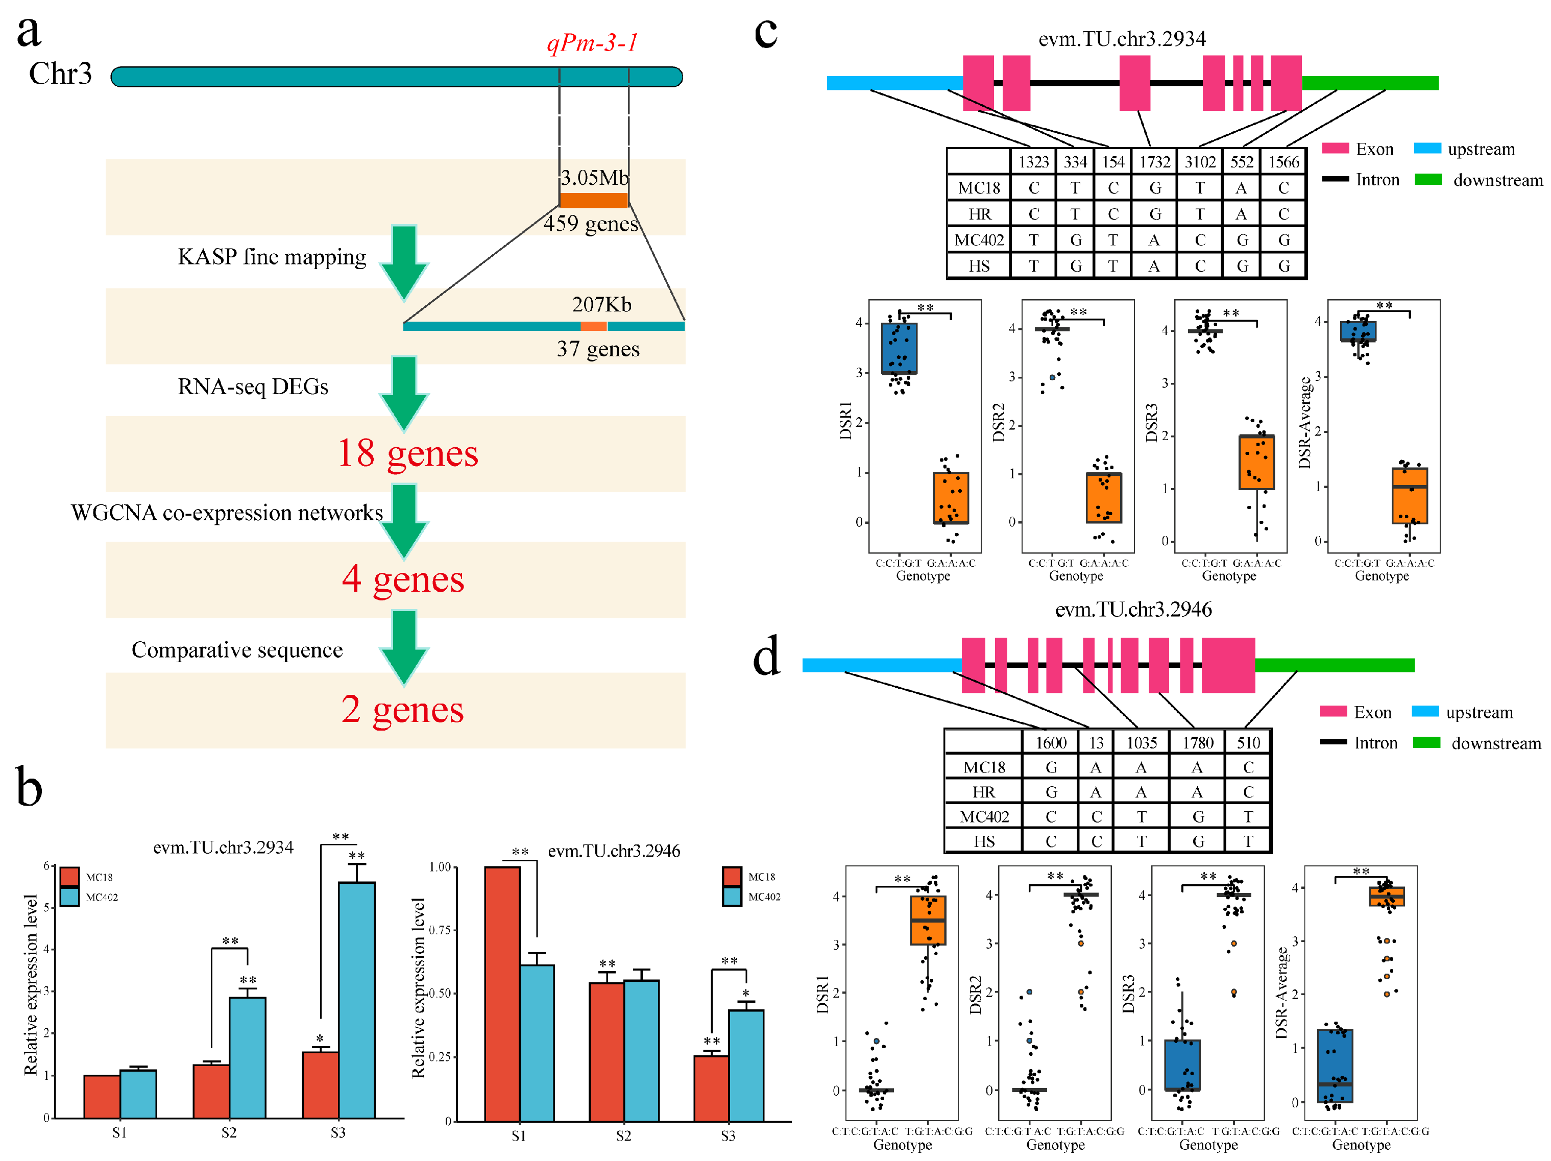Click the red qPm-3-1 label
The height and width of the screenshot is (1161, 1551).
click(593, 43)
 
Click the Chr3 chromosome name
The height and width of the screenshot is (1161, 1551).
click(60, 74)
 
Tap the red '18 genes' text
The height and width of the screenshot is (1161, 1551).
click(407, 453)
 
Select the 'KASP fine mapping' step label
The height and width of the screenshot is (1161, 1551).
click(272, 257)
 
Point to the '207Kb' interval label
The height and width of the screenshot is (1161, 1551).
click(601, 304)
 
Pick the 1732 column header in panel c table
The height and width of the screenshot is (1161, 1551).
click(1154, 162)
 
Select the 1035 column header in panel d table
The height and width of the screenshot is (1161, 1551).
click(1142, 742)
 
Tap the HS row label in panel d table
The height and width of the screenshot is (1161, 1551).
click(984, 841)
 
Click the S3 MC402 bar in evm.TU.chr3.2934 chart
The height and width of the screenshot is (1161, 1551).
click(356, 999)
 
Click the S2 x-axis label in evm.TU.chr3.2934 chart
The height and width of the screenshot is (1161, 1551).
click(229, 1132)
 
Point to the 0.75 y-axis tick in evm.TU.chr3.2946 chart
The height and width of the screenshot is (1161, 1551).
click(440, 930)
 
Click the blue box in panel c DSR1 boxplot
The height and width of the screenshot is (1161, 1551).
click(899, 348)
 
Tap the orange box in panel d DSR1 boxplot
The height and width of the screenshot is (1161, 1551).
click(928, 921)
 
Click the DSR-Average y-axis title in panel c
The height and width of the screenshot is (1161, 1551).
click(1304, 422)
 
